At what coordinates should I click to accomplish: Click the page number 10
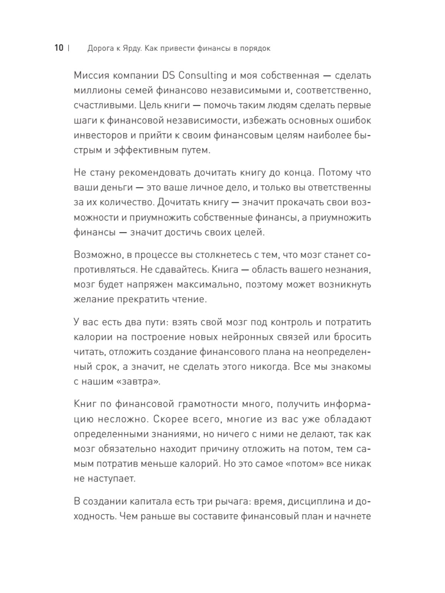tap(59, 48)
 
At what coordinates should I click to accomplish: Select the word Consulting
tap(203, 75)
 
